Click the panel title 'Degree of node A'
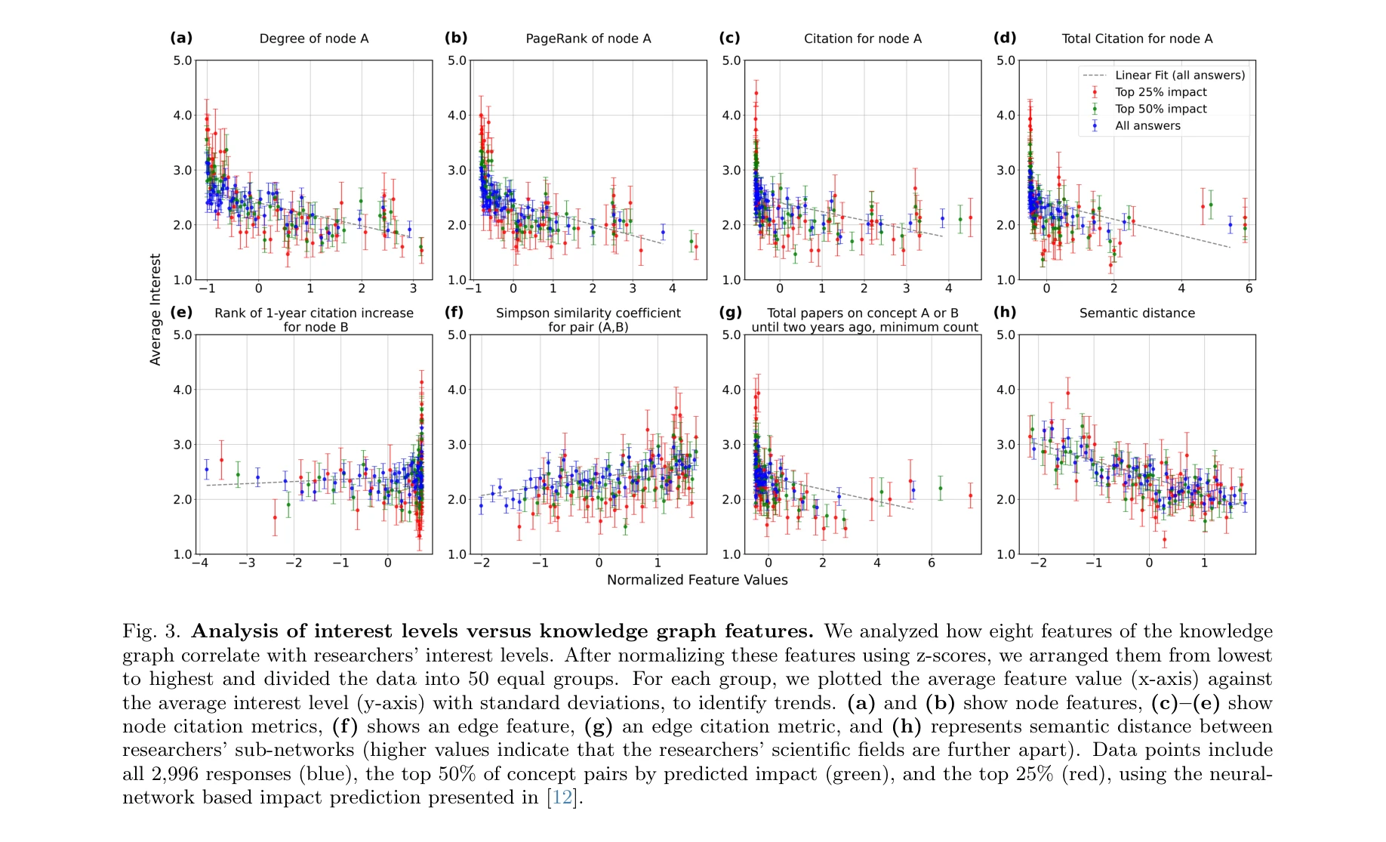314,39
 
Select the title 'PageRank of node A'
588,39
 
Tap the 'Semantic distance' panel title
1137,313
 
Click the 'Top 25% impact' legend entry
1160,92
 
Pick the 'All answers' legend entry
1147,126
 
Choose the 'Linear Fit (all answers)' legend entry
1179,75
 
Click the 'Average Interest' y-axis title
156,309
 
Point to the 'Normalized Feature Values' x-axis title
697,580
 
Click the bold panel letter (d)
1005,38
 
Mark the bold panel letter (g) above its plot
730,312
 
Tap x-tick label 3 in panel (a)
413,288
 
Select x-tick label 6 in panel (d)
1249,288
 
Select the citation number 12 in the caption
562,797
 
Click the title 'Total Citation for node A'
1137,39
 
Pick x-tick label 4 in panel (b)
672,288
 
